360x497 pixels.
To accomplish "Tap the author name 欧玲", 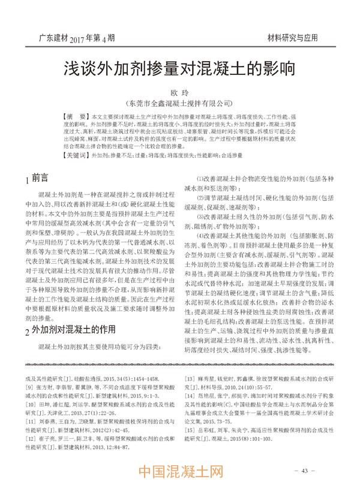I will (x=181, y=91).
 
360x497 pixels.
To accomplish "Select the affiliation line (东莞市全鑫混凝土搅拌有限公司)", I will (x=180, y=103).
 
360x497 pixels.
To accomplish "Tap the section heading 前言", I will (x=40, y=178).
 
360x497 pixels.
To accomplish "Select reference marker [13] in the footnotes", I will (x=193, y=363).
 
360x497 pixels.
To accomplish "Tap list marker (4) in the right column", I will (x=202, y=236).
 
